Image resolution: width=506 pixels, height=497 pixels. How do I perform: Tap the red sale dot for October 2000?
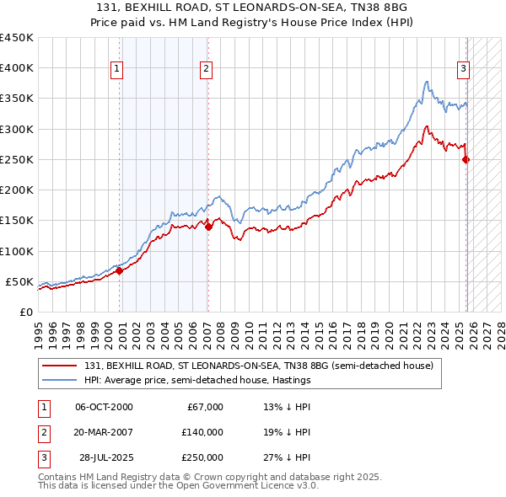[119, 270]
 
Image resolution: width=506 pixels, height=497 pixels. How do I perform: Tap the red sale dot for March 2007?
[208, 226]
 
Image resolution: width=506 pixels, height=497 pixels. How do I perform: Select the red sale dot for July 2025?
[466, 159]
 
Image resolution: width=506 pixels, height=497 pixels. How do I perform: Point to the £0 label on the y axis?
[25, 312]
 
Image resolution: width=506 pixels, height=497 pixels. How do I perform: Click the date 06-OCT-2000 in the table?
[104, 407]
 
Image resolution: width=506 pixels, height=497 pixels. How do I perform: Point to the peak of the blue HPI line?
[427, 81]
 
